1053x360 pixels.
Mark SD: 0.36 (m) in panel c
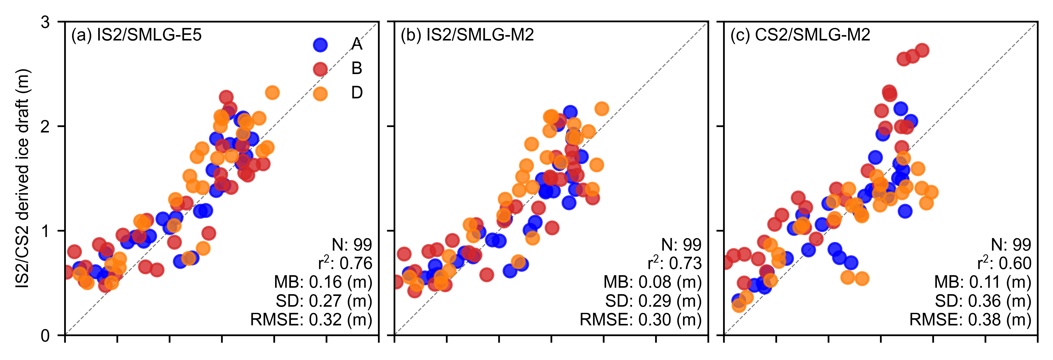(x=983, y=301)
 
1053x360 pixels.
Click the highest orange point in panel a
(x=272, y=93)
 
